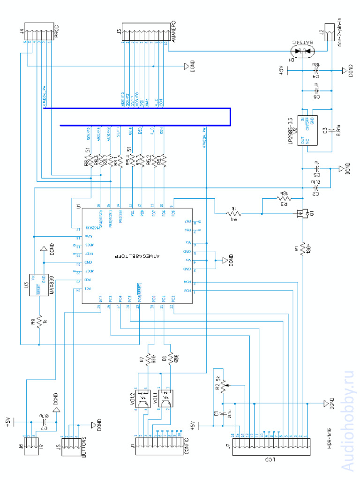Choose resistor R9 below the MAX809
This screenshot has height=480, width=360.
click(x=39, y=321)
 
